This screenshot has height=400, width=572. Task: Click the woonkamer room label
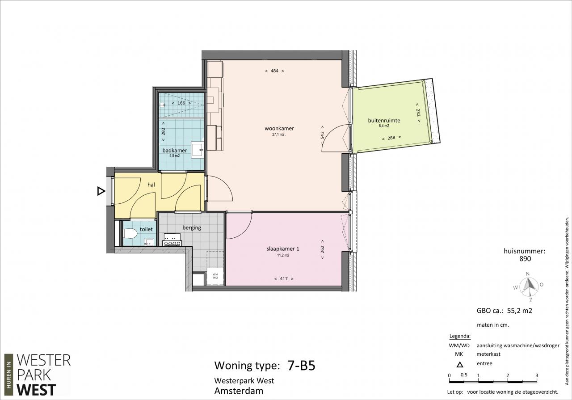click(279, 128)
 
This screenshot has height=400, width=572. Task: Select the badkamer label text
click(175, 151)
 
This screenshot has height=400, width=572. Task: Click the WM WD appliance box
click(215, 276)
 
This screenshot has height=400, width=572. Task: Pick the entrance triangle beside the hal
click(101, 191)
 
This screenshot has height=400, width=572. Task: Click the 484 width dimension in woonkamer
click(274, 71)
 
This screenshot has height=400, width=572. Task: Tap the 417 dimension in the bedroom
click(284, 279)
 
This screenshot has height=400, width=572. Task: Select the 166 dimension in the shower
click(181, 103)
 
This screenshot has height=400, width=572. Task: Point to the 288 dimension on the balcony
click(391, 138)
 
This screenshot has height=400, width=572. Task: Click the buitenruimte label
click(384, 120)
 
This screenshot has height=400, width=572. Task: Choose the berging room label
click(192, 227)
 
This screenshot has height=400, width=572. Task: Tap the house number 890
click(525, 259)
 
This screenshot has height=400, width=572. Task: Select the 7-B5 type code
click(302, 365)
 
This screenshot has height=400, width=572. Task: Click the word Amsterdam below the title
click(239, 391)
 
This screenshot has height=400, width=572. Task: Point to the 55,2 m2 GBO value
click(520, 311)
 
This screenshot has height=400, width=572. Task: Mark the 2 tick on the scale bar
click(507, 375)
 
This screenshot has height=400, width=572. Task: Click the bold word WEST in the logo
click(36, 390)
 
